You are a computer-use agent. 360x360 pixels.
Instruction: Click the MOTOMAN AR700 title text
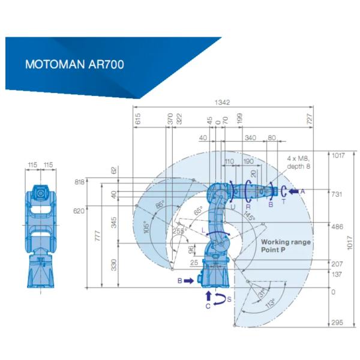[x=74, y=64]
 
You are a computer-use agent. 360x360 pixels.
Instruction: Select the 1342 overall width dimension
[x=222, y=102]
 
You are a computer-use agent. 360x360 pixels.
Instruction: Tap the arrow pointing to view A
[x=293, y=191]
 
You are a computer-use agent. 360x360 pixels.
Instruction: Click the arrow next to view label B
[x=189, y=281]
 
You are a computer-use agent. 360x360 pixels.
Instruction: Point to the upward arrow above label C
[x=208, y=296]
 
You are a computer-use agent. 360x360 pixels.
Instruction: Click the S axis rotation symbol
[x=220, y=299]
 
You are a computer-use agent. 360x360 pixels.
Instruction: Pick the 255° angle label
[x=180, y=231]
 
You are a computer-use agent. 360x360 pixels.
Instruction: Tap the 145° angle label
[x=250, y=215]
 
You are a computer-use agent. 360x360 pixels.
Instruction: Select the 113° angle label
[x=271, y=303]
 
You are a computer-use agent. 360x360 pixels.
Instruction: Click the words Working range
[x=286, y=242]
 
